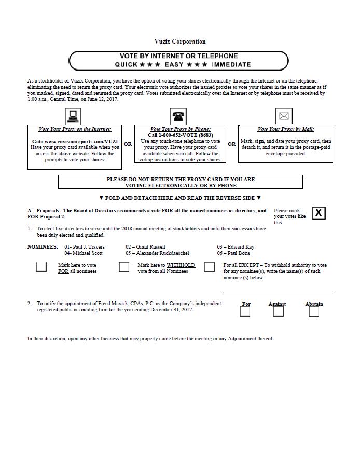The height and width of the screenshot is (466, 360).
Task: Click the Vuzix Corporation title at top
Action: click(x=179, y=42)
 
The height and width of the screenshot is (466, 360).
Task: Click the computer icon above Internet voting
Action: click(x=73, y=116)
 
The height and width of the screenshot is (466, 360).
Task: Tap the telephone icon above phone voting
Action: click(x=179, y=116)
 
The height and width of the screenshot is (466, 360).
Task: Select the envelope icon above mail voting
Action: click(x=284, y=116)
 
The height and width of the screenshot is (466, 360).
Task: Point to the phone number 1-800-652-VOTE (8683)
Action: click(x=180, y=135)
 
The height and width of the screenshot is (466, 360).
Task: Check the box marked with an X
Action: click(x=319, y=213)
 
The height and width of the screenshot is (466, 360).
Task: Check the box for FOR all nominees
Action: click(x=41, y=267)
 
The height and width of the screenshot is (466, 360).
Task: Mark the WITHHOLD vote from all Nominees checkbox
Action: click(x=124, y=267)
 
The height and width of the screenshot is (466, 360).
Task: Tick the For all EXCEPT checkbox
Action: click(x=210, y=267)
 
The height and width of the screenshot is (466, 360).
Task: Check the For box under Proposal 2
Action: click(x=245, y=311)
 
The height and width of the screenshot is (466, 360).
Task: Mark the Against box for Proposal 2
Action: click(x=279, y=311)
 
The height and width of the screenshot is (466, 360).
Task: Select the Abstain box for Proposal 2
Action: click(x=314, y=311)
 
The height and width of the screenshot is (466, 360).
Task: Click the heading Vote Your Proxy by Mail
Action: click(x=285, y=129)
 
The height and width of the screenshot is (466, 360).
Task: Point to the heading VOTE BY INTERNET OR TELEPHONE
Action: click(x=178, y=56)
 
